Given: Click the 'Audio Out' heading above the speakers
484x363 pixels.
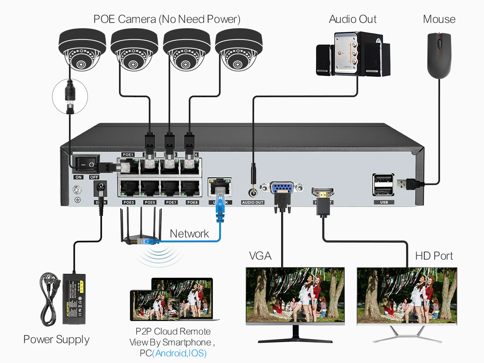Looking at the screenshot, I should tap(353, 19).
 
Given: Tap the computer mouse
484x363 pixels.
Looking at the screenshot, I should tap(439, 56).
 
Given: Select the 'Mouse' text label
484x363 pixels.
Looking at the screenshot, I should tap(439, 19).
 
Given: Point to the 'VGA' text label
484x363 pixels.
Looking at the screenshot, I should tap(260, 256).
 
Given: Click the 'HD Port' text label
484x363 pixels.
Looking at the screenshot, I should tap(434, 256).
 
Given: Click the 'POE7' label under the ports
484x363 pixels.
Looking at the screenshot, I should tap(171, 202).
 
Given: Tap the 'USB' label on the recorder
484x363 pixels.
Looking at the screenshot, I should tap(384, 202).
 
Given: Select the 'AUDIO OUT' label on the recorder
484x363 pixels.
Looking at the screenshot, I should tap(253, 202).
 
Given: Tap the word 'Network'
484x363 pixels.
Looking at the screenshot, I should tap(189, 234).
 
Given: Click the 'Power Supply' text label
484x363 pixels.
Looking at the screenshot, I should tap(56, 339).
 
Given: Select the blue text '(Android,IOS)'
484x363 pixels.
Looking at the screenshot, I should tap(179, 353).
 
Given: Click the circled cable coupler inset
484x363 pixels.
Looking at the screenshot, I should tap(70, 96).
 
